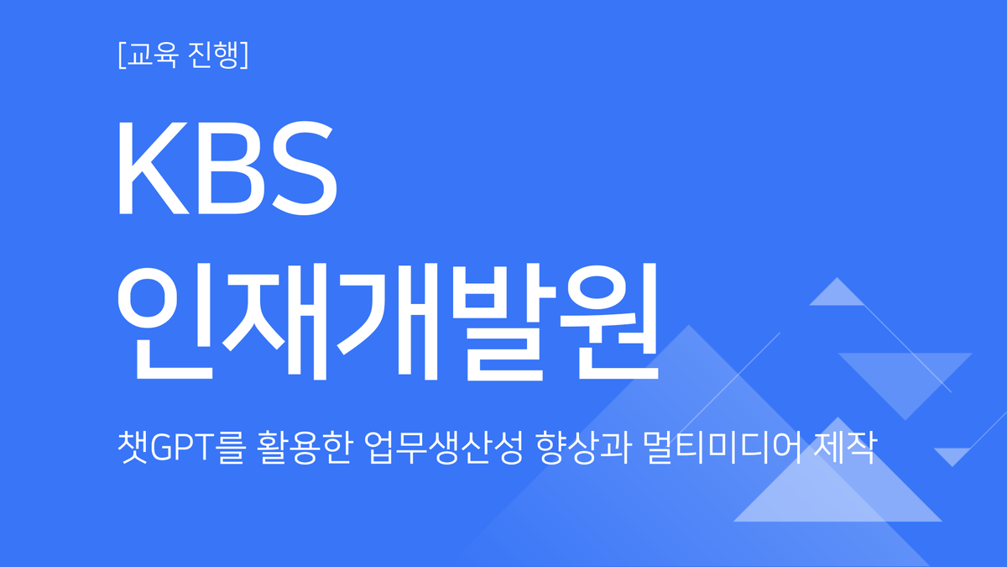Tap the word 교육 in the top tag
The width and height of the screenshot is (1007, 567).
151,55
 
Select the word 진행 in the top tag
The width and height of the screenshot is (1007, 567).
211,55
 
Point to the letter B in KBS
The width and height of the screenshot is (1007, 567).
226,167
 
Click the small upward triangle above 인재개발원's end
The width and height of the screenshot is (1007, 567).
835,295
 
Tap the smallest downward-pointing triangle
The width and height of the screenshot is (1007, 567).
952,455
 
